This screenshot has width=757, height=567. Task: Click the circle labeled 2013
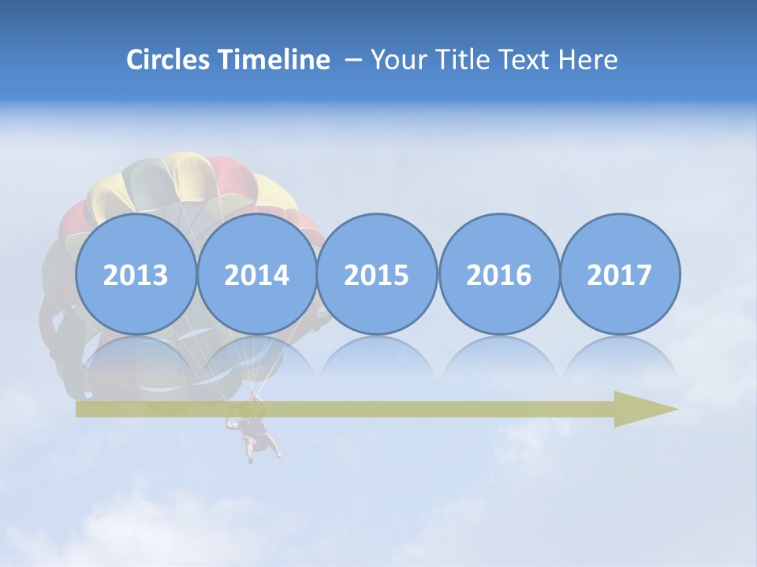tap(136, 274)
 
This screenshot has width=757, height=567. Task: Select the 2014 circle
tap(257, 274)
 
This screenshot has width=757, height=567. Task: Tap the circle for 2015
tap(377, 274)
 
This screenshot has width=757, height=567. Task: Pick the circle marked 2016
tap(498, 274)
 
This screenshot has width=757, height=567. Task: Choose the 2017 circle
tap(619, 274)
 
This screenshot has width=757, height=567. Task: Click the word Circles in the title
tap(169, 60)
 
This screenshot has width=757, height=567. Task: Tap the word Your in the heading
tap(400, 60)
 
